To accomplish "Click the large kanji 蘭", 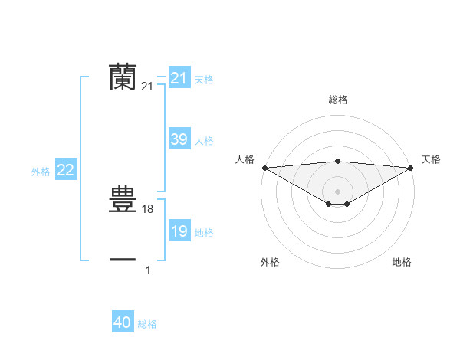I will coord(123,77).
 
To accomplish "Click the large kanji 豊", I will coord(123,200).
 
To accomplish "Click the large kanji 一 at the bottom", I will coord(123,260).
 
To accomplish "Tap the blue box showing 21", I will coord(179,78).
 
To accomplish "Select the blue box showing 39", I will coord(179,139).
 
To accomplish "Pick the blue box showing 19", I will coord(179,231).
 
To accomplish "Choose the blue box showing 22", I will coord(65,170).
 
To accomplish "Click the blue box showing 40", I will coord(123,322).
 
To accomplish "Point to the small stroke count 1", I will coord(148,270).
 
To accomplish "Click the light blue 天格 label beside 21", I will coord(204,80).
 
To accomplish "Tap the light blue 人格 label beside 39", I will coord(204,141).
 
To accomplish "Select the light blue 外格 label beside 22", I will coord(41,172).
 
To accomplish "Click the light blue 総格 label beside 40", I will coord(147,324).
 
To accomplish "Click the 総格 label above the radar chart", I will coord(337,100).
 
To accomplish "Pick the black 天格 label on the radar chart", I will coord(431,159).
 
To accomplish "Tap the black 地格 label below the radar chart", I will coord(402,262).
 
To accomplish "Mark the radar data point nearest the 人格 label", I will coord(264,168).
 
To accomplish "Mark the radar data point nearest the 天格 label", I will coord(411,168).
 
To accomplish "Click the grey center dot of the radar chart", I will coord(337,191).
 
